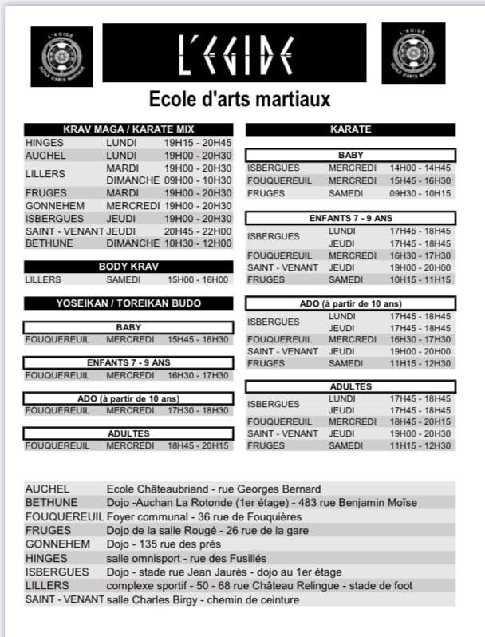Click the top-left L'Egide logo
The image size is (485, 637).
pyautogui.click(x=61, y=57)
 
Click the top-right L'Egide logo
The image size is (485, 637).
pyautogui.click(x=412, y=53)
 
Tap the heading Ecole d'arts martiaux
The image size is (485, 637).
pyautogui.click(x=240, y=100)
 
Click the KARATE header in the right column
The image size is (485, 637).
pyautogui.click(x=350, y=129)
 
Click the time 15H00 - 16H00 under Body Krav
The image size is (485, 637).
pyautogui.click(x=197, y=280)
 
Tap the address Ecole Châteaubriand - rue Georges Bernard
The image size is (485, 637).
pyautogui.click(x=213, y=489)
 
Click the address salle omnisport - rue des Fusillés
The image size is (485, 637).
pyautogui.click(x=186, y=558)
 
